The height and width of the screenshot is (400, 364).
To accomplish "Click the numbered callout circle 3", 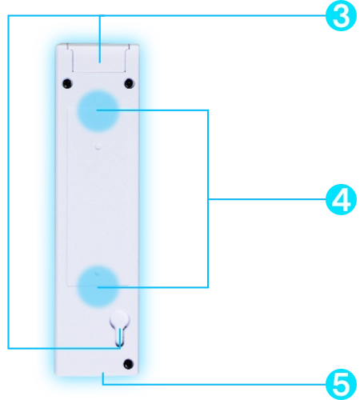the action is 341,15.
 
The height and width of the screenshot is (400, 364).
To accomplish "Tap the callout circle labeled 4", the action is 341,199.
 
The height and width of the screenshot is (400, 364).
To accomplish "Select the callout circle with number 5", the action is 341,384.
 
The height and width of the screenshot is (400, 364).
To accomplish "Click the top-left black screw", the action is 67,83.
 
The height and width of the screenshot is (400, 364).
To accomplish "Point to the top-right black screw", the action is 130,83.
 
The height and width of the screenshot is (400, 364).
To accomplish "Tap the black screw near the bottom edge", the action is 129,364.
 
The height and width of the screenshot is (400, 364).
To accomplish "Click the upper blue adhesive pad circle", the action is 98,110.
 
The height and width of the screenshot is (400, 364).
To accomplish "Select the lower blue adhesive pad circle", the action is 98,286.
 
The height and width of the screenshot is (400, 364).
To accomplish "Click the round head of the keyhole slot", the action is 120,319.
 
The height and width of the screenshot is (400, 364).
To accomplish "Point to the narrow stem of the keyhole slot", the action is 120,337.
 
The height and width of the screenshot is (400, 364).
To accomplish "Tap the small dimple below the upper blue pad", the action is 98,146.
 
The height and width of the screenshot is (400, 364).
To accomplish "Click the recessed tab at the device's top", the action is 98,58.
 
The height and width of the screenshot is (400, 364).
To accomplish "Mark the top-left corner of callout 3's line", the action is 8,16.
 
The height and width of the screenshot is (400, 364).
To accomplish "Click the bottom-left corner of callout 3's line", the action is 8,348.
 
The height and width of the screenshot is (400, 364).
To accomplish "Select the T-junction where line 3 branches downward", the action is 100,16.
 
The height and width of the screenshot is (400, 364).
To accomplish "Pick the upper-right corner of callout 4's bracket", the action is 208,110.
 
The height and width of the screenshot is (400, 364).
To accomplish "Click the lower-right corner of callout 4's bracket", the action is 208,287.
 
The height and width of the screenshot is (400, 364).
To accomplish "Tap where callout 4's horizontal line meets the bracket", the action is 208,199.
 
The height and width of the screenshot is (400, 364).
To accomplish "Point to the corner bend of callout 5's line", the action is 103,384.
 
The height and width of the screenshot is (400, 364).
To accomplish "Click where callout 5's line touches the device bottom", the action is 103,374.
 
